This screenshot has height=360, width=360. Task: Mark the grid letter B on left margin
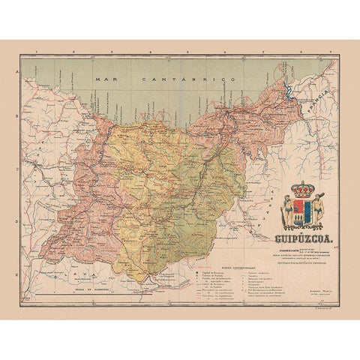16,118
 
